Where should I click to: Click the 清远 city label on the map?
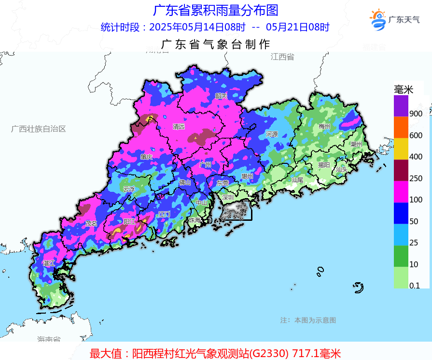pos(179,127)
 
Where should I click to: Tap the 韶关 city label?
pos(221,96)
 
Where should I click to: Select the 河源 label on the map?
pos(272,134)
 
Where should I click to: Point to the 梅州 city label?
pos(324,127)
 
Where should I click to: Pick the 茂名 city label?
pos(91,224)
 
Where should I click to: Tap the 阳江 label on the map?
pos(129,221)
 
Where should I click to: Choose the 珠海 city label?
pos(195,220)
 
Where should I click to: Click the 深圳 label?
pos(228,197)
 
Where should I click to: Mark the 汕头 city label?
pos(342,169)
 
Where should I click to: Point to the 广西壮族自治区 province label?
pos(39,129)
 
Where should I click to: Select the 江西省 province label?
pos(282,57)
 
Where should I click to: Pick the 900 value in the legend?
pos(416,114)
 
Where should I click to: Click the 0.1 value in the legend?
pos(414,286)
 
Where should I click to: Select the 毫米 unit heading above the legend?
pos(404,89)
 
